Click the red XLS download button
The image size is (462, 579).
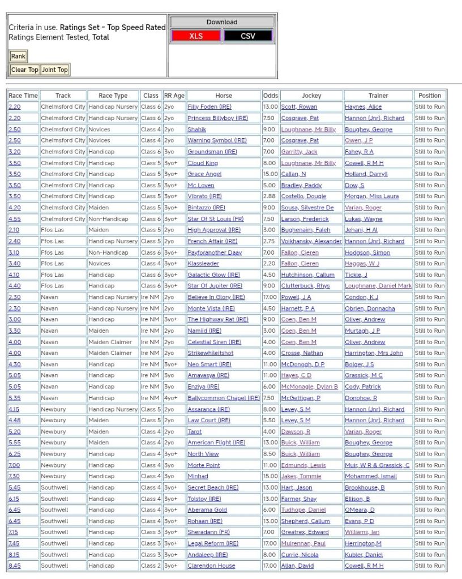coord(196,36)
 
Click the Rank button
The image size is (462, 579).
coord(18,56)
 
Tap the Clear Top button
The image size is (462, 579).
coord(25,70)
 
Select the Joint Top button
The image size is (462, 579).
coord(55,70)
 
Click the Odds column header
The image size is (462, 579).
coord(270,96)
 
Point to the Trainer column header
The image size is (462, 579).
coord(378,96)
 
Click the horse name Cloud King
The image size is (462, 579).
coord(202,163)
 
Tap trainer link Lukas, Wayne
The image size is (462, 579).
coord(363,219)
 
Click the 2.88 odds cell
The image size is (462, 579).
coord(269,196)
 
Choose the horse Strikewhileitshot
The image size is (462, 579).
coord(210,353)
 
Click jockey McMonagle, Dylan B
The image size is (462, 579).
coord(309,387)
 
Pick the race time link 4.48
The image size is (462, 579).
coord(14,421)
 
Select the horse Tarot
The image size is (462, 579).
coord(195,431)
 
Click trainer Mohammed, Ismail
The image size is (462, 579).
coord(370,477)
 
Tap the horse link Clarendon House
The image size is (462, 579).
coord(211,566)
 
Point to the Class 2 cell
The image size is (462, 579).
coord(151,566)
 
